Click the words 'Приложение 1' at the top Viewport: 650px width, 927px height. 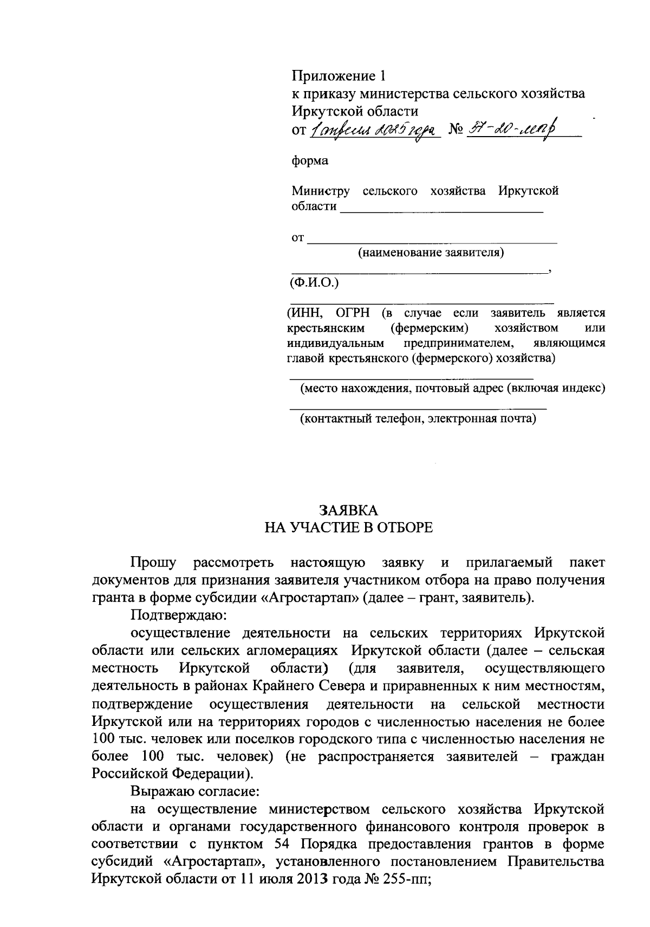coord(340,75)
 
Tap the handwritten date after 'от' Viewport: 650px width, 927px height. coord(374,130)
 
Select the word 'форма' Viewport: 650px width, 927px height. coord(310,161)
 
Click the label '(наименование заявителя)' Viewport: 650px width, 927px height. coord(431,253)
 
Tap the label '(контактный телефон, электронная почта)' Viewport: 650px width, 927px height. coord(418,419)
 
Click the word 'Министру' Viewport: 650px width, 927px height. coord(321,191)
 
